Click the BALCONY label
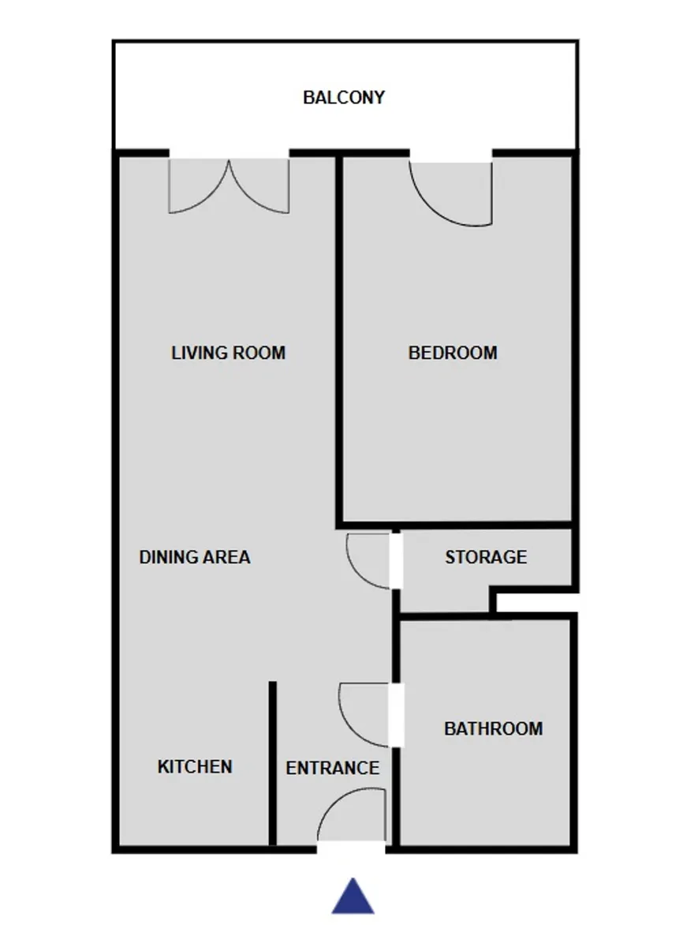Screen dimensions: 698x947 [344, 98]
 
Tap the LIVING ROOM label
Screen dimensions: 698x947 [228, 353]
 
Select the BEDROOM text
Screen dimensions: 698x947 [453, 353]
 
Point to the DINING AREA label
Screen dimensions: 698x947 [195, 557]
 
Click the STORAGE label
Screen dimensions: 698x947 [486, 557]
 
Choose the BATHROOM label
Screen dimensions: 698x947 [494, 728]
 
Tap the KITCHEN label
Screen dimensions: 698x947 [195, 766]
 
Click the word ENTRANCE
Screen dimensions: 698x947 [333, 768]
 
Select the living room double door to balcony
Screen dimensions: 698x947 [229, 186]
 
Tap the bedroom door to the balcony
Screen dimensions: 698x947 [451, 194]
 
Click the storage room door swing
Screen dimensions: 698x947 [368, 561]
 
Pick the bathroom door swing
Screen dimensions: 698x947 [364, 714]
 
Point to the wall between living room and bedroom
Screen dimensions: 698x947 [339, 340]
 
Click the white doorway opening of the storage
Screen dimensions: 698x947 [396, 561]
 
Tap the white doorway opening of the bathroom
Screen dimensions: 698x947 [396, 715]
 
